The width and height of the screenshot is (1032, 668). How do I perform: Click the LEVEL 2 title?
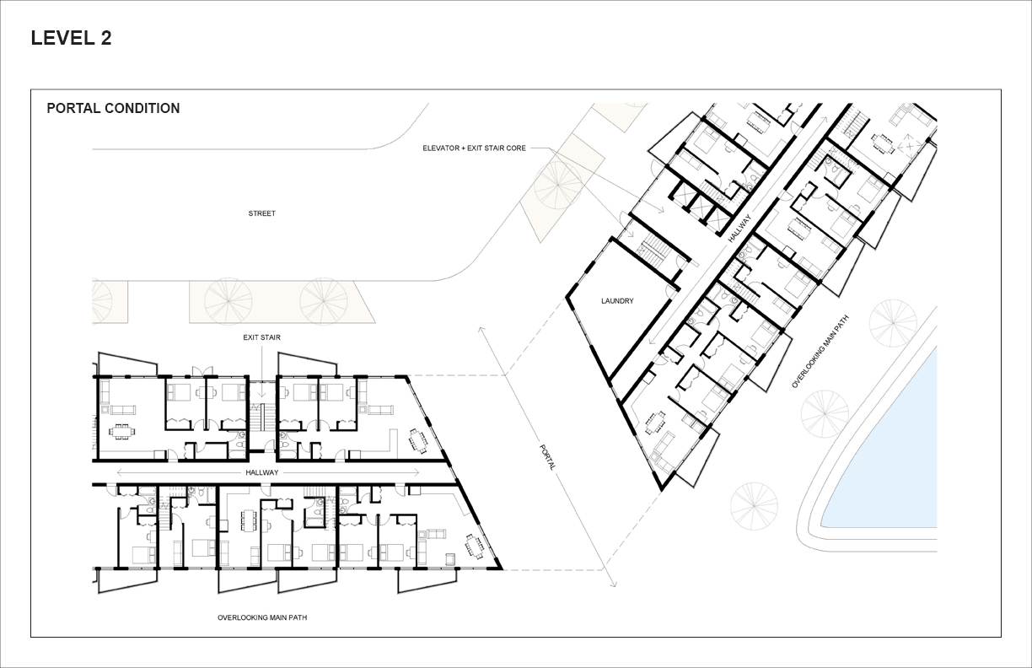[x=72, y=38]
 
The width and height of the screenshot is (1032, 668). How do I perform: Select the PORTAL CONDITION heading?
[x=113, y=108]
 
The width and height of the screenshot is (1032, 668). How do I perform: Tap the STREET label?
[x=261, y=213]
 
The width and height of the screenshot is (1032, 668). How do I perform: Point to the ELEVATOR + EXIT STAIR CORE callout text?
[x=474, y=148]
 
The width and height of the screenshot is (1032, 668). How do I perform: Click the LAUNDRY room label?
[x=617, y=301]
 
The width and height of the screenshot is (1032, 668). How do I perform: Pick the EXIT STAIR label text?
[x=261, y=337]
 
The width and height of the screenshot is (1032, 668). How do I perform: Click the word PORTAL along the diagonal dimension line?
[x=547, y=457]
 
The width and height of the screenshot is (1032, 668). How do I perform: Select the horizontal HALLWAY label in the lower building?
[x=261, y=472]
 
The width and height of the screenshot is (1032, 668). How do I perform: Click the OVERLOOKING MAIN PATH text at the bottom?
[x=262, y=617]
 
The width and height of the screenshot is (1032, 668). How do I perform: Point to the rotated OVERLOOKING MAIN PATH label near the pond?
[x=820, y=352]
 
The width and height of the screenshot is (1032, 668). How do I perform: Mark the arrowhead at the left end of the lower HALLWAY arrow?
[x=119, y=472]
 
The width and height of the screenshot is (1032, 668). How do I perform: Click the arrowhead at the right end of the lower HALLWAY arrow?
[x=417, y=472]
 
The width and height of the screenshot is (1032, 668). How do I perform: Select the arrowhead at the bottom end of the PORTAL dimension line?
[x=615, y=584]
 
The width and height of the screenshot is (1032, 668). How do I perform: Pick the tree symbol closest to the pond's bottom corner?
[x=755, y=506]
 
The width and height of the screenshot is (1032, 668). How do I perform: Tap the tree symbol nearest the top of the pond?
[x=893, y=323]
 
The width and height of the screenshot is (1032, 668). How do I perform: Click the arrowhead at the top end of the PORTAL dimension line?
[x=481, y=329]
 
